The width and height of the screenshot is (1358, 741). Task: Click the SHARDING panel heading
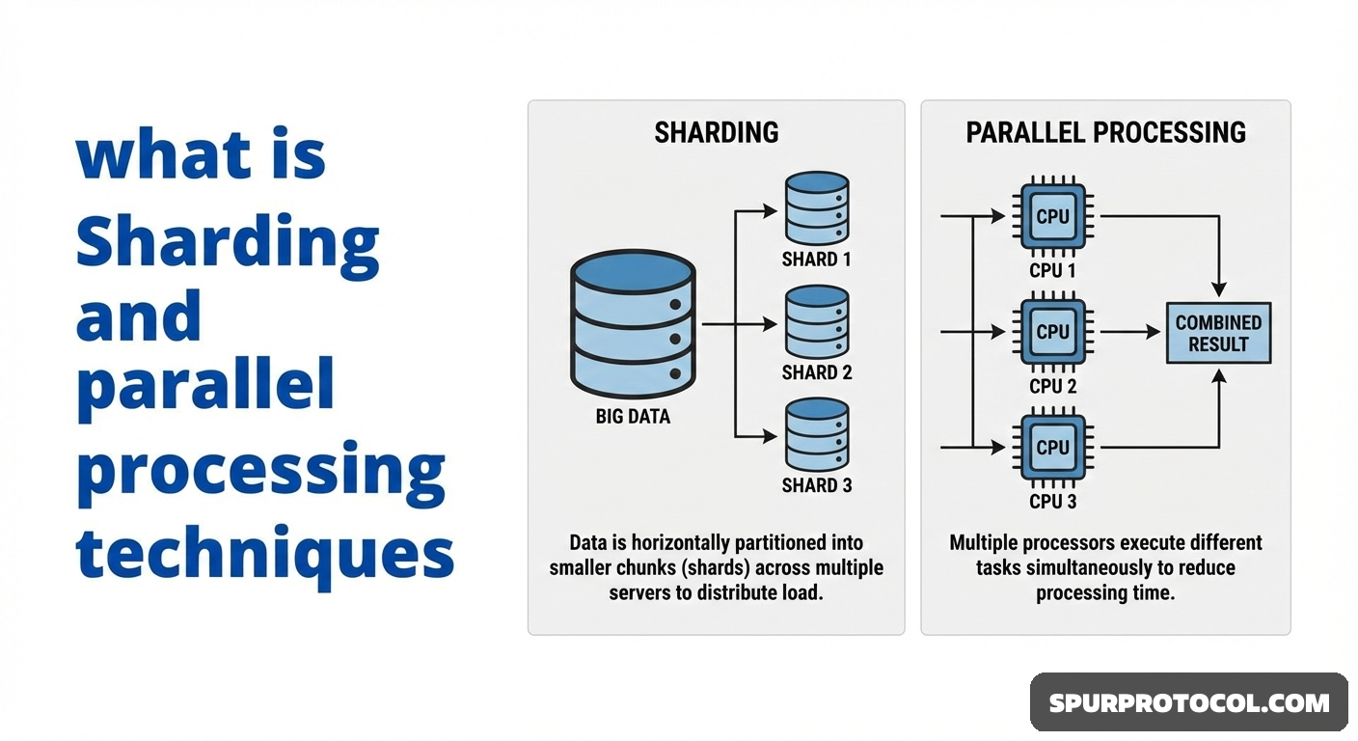pos(716,132)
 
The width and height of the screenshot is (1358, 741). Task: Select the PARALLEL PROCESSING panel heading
pos(1105,132)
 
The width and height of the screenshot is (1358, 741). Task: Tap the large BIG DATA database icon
pos(632,319)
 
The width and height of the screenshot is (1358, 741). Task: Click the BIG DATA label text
pos(632,417)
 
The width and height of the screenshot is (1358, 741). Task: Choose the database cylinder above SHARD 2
pos(816,321)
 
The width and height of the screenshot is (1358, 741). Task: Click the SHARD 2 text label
pos(816,372)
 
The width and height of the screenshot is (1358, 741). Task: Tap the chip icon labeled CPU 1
pos(1052,216)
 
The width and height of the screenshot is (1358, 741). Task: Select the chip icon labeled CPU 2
pos(1052,332)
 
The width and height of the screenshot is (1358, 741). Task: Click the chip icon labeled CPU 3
pos(1052,447)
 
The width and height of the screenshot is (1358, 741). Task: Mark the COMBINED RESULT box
pos(1218,333)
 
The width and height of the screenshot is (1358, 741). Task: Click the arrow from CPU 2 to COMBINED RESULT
pos(1130,332)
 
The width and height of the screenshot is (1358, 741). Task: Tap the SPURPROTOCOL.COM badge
pos(1188,702)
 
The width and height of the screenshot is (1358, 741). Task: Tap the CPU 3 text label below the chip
pos(1052,502)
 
